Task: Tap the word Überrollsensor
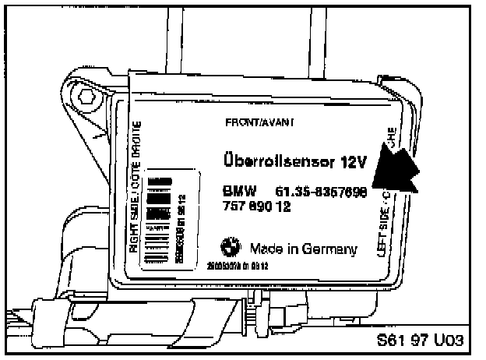(x=264, y=162)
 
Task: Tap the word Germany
(x=329, y=249)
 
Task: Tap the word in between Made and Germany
(x=291, y=249)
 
